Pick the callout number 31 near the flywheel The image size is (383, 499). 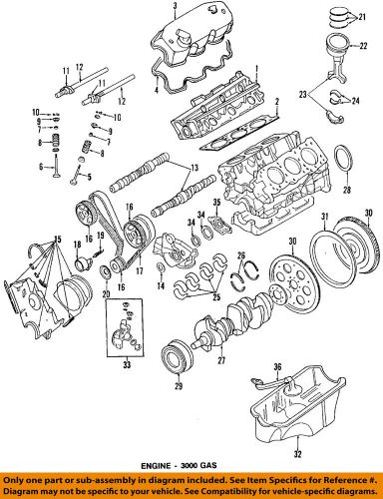(x=324, y=218)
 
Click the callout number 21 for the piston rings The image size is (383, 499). (x=364, y=18)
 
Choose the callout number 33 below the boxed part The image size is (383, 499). (x=125, y=393)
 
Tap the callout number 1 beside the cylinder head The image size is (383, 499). (x=257, y=66)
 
